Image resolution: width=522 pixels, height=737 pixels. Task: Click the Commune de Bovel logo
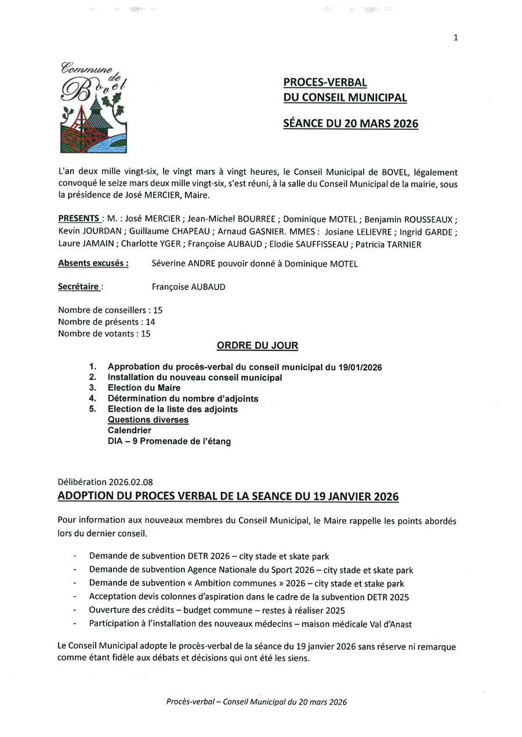(x=93, y=107)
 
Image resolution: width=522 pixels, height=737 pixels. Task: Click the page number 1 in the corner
(x=455, y=38)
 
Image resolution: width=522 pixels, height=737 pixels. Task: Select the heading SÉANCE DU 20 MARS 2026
(x=350, y=123)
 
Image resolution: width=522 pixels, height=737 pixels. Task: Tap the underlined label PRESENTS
(x=79, y=218)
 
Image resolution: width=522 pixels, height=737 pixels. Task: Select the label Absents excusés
(x=93, y=263)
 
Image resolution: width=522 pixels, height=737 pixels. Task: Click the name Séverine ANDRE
(x=176, y=264)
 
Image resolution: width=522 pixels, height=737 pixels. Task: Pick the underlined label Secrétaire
(x=81, y=286)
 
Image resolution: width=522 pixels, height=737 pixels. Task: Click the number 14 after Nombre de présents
(x=150, y=322)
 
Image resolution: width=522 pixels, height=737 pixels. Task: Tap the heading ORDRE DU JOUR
(x=258, y=346)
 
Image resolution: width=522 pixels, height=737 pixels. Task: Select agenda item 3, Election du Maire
(x=144, y=388)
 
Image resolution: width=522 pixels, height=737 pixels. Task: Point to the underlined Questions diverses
(x=148, y=419)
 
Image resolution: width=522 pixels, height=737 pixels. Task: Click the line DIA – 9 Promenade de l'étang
(x=169, y=441)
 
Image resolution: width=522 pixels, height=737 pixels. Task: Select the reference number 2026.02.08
(x=130, y=481)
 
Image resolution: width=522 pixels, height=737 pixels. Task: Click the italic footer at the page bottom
(x=256, y=702)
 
